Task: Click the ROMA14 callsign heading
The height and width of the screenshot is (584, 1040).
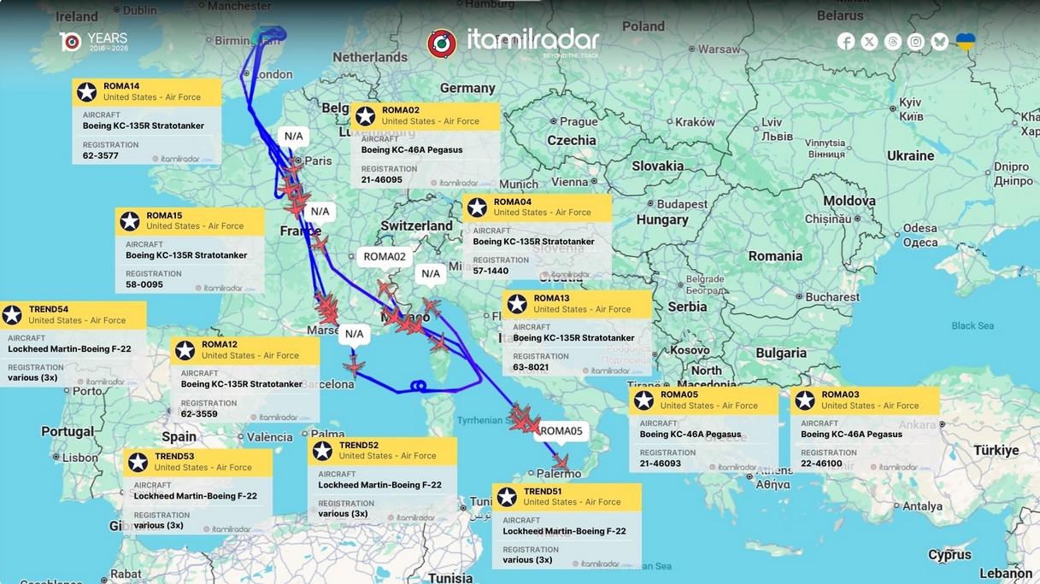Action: pos(121,86)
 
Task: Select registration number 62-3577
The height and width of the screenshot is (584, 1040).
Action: pos(101,156)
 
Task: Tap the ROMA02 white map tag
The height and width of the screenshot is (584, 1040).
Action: pos(385,257)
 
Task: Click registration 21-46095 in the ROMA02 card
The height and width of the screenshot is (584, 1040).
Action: pos(382,180)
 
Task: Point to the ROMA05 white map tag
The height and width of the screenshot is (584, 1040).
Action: pos(561,431)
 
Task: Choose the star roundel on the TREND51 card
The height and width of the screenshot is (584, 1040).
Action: pos(507,497)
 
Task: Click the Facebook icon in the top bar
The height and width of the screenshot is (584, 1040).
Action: pos(846,42)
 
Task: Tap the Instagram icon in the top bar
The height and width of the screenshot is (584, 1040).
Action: pos(916,42)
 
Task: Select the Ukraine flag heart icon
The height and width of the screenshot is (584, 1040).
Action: pos(965,42)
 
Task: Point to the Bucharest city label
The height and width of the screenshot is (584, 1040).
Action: pos(831,297)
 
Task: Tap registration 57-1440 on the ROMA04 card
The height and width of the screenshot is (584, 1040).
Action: pos(491,272)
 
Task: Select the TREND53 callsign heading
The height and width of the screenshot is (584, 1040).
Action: pos(174,457)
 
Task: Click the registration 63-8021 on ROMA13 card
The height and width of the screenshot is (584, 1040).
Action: pos(531,368)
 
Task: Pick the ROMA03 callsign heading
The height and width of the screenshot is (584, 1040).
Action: pos(840,394)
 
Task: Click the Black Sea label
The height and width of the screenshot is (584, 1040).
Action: pos(972,326)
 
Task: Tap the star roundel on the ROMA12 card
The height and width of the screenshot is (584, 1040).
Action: pos(185,350)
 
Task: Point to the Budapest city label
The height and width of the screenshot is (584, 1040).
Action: pos(682,205)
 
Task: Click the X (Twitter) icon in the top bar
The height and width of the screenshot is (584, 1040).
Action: pos(869,42)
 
